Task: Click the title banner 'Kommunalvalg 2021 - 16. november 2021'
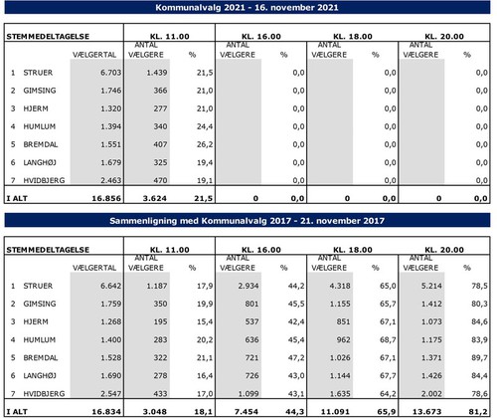point(248,7)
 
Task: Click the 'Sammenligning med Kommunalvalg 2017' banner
point(248,221)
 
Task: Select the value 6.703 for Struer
point(111,73)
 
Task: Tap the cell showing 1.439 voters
point(157,73)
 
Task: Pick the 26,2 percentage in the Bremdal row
point(205,144)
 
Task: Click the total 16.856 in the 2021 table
point(106,198)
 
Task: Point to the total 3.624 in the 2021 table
point(155,198)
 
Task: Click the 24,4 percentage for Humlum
point(205,126)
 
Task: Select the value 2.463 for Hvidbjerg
point(111,180)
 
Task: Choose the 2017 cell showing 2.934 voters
point(248,286)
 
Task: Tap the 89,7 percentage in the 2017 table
point(479,358)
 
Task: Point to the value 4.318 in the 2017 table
point(340,286)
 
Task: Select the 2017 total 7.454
point(247,412)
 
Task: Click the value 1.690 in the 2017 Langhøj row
point(111,376)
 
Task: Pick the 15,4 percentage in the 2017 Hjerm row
point(205,321)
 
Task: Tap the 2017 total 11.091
point(335,412)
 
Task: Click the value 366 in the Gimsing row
point(160,91)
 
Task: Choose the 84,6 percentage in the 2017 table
point(479,321)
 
